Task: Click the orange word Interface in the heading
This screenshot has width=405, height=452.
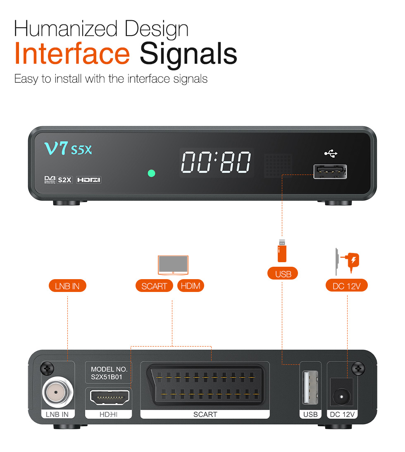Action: click(72, 53)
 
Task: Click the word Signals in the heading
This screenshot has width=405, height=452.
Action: click(188, 55)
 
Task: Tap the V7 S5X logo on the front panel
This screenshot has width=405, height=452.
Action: click(68, 148)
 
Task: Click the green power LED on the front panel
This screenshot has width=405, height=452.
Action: click(152, 173)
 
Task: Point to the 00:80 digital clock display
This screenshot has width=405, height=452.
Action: click(216, 162)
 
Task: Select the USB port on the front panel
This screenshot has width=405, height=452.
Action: click(330, 172)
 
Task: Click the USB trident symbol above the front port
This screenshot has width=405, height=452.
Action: click(331, 153)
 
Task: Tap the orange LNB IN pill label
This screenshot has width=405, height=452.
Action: click(67, 286)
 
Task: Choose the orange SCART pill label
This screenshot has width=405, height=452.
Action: click(154, 286)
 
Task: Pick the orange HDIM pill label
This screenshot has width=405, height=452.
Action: click(191, 286)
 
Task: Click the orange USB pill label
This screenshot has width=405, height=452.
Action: click(283, 274)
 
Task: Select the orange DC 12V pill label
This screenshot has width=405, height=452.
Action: click(347, 285)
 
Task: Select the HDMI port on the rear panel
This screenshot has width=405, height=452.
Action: click(110, 397)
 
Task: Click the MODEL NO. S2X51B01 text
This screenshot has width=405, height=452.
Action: click(109, 373)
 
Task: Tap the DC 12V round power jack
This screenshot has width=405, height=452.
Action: click(342, 396)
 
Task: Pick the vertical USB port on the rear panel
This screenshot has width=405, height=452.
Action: click(310, 387)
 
